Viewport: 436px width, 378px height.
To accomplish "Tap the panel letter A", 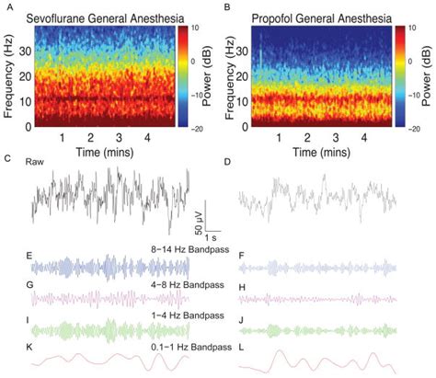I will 7,6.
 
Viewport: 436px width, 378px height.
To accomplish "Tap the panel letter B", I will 226,6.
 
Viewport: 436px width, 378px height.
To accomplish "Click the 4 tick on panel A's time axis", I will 148,137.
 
